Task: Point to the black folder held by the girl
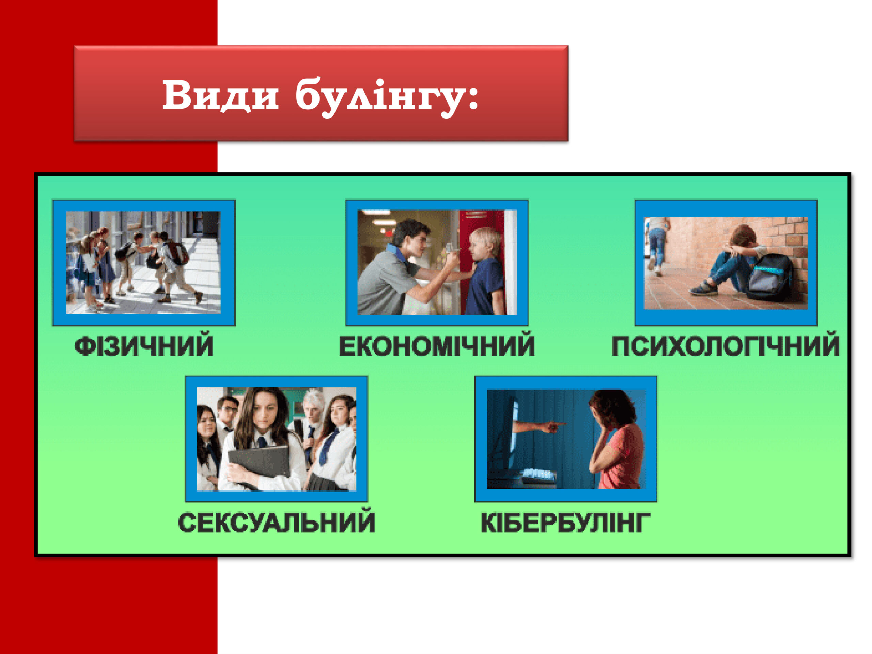click(x=260, y=466)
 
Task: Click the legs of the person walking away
click(x=657, y=252)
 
